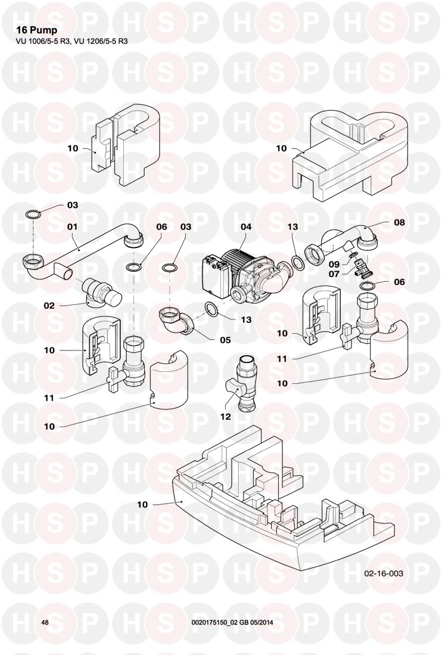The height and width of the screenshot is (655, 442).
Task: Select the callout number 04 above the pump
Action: coord(246,226)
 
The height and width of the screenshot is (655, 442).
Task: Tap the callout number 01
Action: coord(73,226)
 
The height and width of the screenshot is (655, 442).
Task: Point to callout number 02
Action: coord(49,305)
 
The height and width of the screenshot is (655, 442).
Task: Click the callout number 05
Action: coord(225,341)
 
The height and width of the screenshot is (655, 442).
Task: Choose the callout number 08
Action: coord(399,222)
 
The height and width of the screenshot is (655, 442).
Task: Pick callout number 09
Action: coord(334,263)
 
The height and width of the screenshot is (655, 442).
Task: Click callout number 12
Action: coord(225,417)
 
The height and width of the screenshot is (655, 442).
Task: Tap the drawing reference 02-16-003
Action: coord(384,573)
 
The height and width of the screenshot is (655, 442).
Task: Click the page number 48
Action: coord(45,622)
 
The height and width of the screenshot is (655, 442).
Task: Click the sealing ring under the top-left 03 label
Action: coord(34,215)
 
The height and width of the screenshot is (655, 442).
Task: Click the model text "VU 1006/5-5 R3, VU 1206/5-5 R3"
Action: coord(71,42)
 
